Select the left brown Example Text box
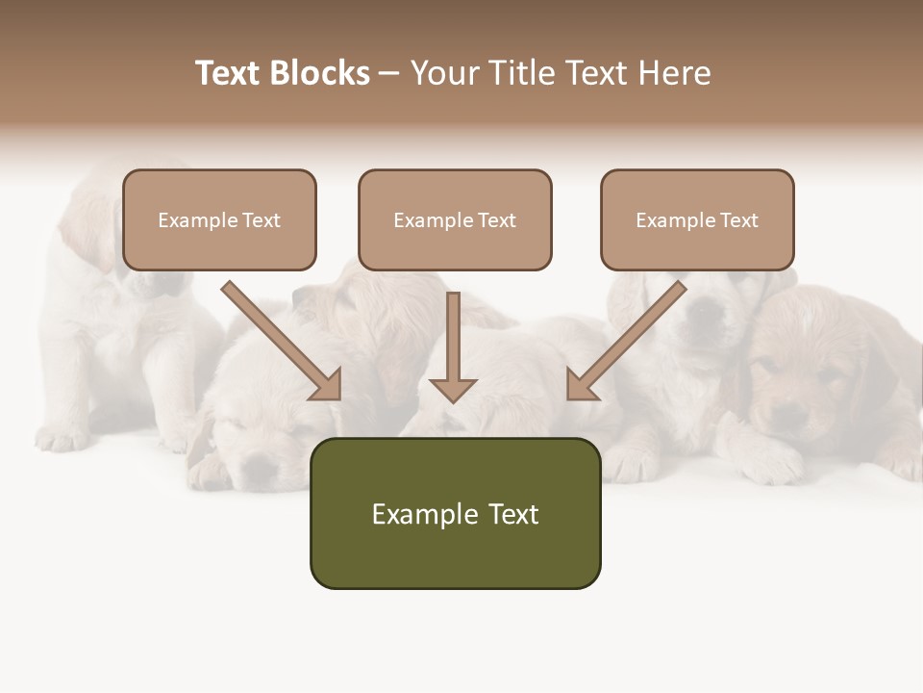tap(219, 220)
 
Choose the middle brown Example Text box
tap(455, 220)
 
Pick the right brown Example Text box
tap(697, 220)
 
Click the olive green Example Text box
tap(455, 513)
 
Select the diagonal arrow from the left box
tap(279, 339)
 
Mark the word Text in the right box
tap(739, 220)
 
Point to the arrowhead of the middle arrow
tap(453, 390)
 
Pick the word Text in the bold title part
tap(228, 73)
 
